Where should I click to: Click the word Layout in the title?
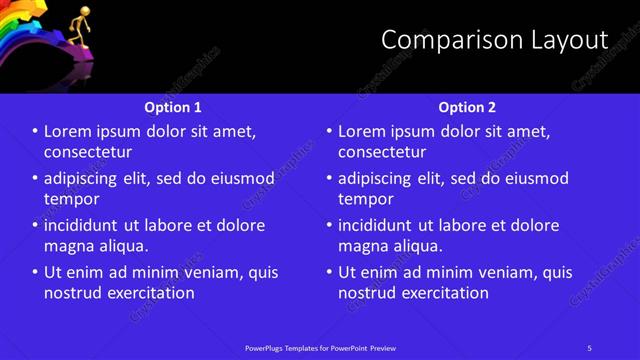tap(569, 40)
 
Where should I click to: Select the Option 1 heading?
tap(172, 107)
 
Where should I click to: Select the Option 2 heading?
tap(467, 107)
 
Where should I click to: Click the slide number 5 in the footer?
tap(589, 348)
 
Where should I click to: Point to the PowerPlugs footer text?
tap(320, 348)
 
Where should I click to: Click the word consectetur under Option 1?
tap(88, 152)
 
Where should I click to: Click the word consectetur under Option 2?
tap(382, 152)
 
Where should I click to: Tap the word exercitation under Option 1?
tap(151, 293)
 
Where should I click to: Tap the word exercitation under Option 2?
tap(445, 293)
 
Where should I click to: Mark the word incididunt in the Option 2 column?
tap(382, 225)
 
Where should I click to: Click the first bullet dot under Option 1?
tap(35, 132)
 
